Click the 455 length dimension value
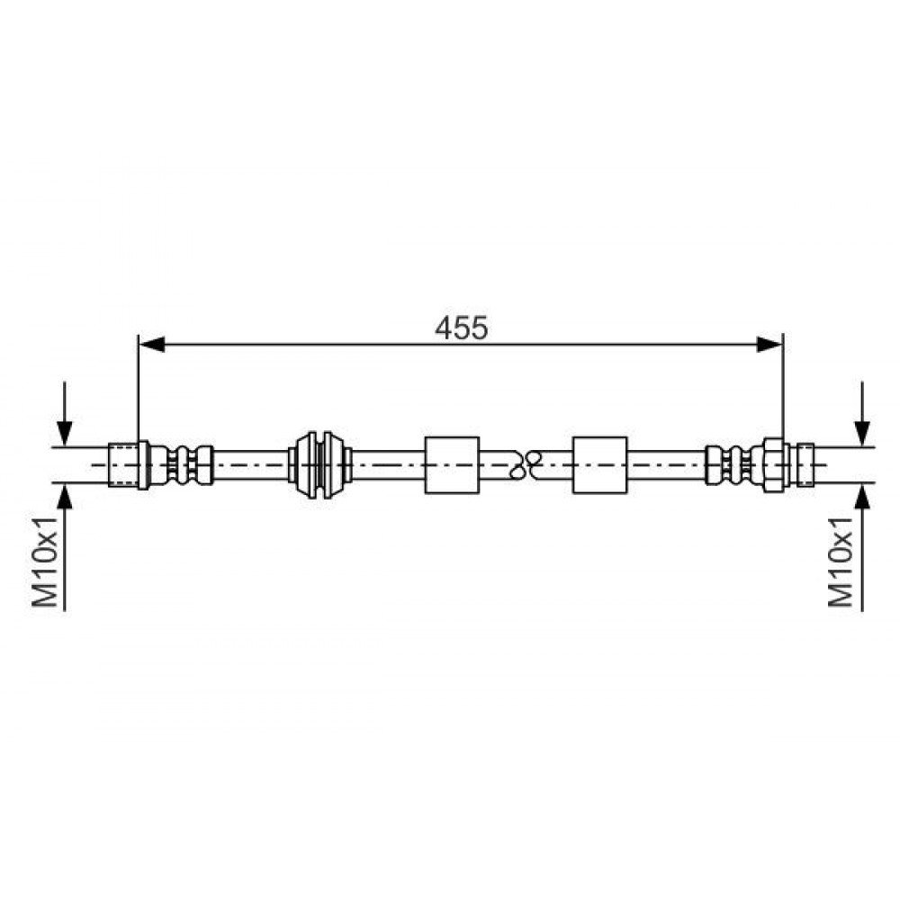click(461, 328)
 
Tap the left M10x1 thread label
click(45, 561)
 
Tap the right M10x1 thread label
click(841, 561)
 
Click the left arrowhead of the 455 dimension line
click(152, 345)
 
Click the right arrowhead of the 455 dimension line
click(769, 345)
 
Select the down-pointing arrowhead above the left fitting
click(65, 434)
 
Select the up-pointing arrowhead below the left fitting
click(65, 496)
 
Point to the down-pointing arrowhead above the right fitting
click(861, 434)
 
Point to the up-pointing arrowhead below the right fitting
click(861, 496)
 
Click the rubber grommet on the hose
click(319, 465)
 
